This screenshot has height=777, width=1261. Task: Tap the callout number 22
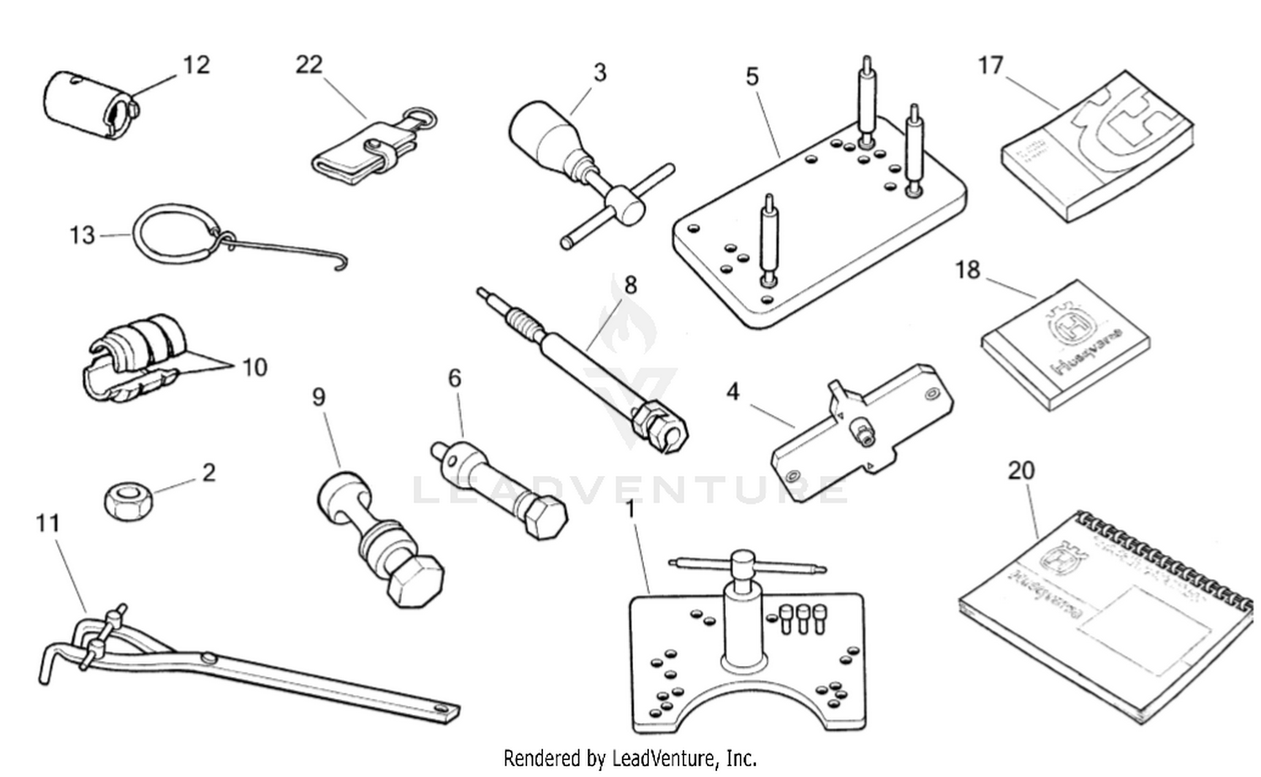[x=309, y=65]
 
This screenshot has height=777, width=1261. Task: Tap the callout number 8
[x=630, y=285]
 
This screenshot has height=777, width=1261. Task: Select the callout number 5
[x=752, y=77]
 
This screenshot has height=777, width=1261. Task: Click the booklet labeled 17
[x=1097, y=147]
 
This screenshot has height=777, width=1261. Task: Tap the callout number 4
[x=733, y=392]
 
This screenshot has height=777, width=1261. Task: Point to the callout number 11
[x=48, y=523]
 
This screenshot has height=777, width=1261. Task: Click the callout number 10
[x=254, y=367]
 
